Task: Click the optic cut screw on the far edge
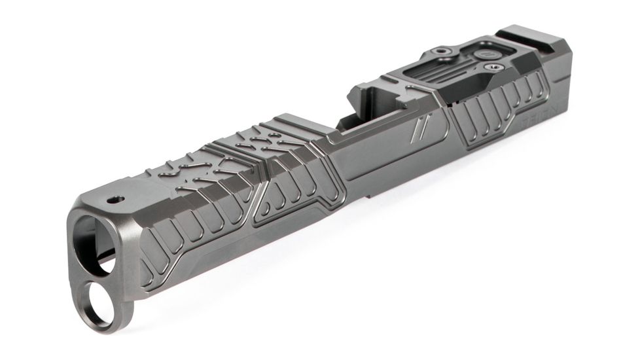point(443,50)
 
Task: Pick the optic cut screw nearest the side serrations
point(491,67)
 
